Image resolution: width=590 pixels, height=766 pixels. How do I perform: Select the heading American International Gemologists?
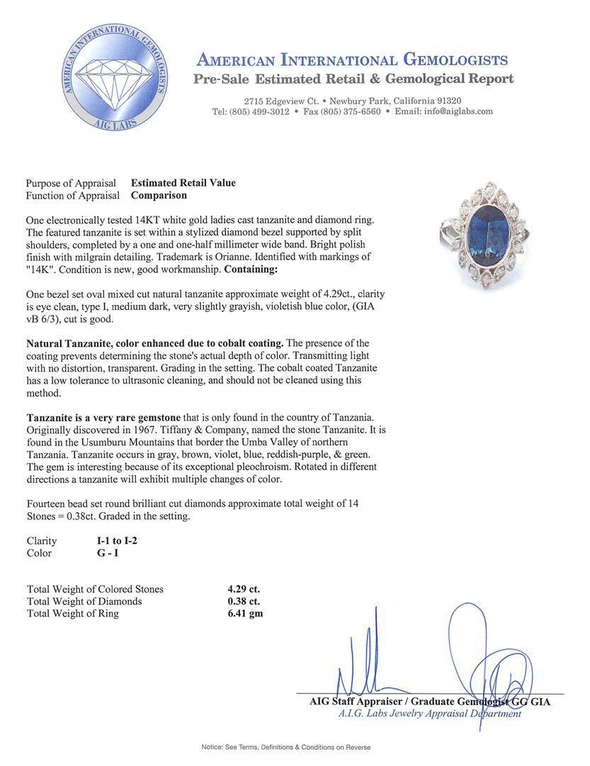point(352,60)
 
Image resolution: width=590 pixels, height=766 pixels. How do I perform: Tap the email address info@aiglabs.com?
point(443,112)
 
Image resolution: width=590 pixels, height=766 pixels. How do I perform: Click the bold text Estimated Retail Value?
point(183,183)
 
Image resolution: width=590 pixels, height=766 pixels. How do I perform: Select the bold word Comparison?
point(159,195)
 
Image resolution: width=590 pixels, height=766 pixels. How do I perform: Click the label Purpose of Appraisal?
point(71,183)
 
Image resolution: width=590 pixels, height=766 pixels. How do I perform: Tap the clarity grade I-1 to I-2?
point(117,541)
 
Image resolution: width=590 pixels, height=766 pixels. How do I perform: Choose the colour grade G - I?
point(108,553)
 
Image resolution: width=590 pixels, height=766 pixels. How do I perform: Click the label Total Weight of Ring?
point(73,614)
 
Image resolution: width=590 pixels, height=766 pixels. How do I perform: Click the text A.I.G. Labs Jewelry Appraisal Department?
point(430,714)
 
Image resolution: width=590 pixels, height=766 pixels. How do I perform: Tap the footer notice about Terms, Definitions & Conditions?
point(285,748)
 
